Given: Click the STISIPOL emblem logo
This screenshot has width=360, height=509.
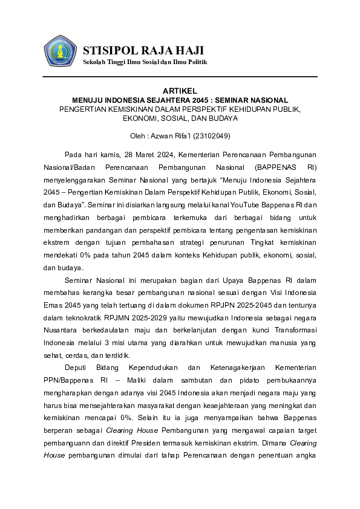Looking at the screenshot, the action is point(60,51).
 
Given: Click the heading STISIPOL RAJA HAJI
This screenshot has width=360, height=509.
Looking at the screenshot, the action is point(143,50).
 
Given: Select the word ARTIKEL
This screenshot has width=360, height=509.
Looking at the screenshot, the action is point(180,90).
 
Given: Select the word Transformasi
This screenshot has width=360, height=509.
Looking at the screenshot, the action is point(292,331).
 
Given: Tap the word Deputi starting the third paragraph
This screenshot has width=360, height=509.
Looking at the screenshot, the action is point(79,368).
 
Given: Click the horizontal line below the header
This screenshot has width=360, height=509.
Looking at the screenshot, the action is point(180,77).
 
